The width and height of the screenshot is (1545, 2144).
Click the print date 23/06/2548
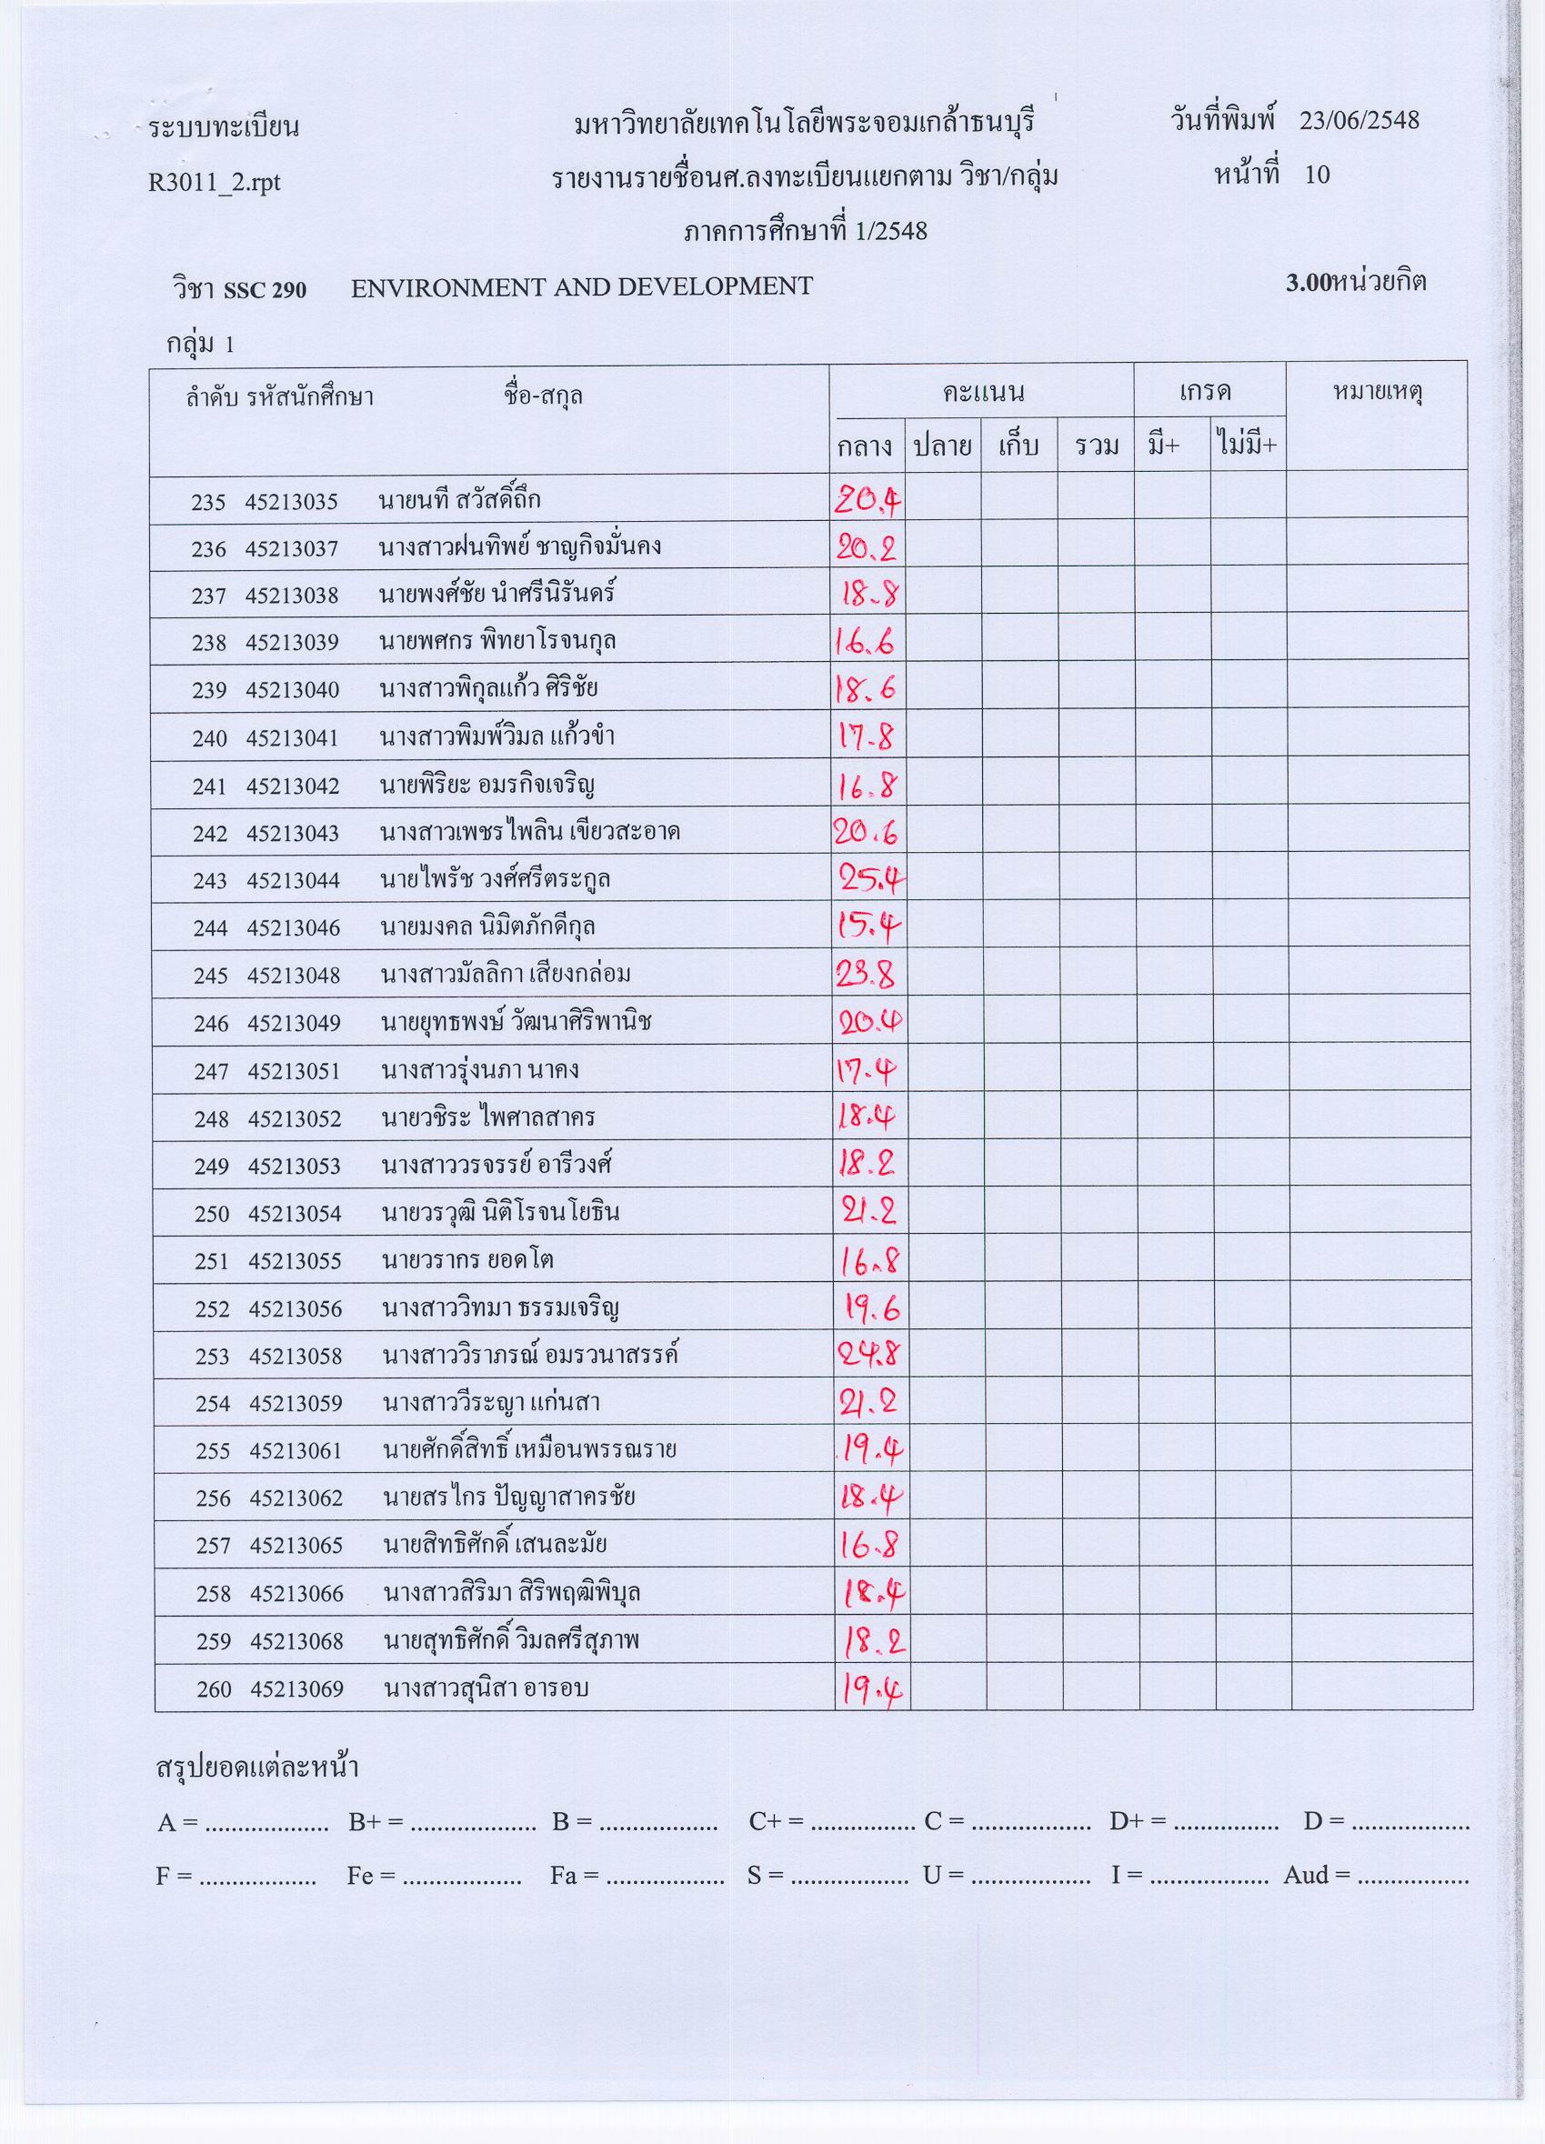[x=1359, y=121]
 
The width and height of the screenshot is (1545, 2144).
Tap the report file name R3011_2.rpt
[x=215, y=182]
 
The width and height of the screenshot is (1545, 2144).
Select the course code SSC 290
[x=265, y=289]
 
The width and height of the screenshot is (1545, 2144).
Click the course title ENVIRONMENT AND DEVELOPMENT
[x=581, y=286]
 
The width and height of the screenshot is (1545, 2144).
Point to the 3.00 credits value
[x=1307, y=284]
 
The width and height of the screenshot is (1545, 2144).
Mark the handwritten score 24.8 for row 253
[x=870, y=1358]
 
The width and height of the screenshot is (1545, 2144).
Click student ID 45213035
[x=291, y=501]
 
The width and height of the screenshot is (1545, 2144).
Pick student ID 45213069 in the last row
[x=296, y=1689]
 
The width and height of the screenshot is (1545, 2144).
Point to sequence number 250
[x=212, y=1214]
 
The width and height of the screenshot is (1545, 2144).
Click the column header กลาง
[x=865, y=446]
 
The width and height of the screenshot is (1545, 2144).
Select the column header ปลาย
[x=942, y=446]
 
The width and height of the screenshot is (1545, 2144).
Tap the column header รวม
[x=1097, y=446]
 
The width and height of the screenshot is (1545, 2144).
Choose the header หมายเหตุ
[x=1378, y=392]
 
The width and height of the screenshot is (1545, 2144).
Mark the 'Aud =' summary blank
[x=1412, y=1878]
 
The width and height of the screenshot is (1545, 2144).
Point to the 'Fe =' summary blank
[x=461, y=1878]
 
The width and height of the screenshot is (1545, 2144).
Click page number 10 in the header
[x=1316, y=175]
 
